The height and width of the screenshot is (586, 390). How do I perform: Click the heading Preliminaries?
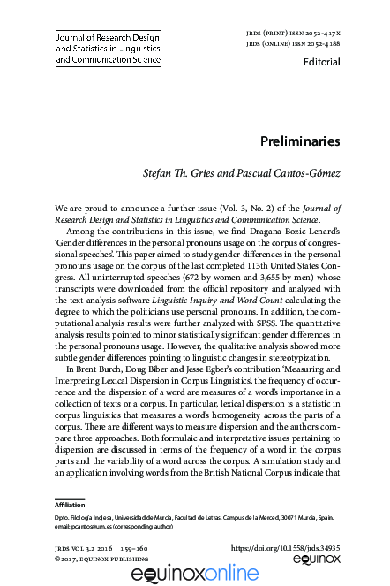299,141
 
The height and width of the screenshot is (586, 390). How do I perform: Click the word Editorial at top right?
320,63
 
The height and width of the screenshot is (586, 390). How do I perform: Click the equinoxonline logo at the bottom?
194,575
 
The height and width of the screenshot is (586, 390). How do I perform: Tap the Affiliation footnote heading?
71,504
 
